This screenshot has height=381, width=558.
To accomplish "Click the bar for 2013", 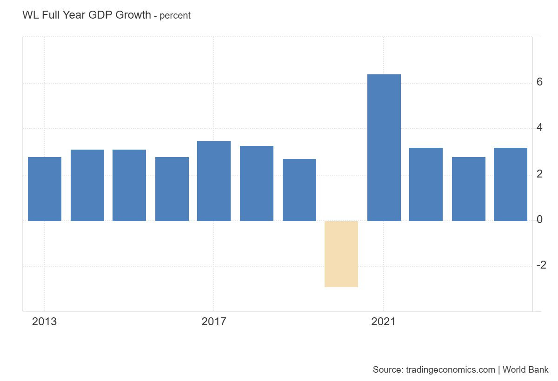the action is (x=45, y=189).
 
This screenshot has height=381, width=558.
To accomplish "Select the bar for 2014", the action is (x=87, y=185).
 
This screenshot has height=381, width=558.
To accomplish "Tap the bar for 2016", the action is (x=172, y=189).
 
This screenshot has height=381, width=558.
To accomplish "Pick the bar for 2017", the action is (x=214, y=181).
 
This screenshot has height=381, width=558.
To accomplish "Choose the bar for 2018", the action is (x=257, y=184).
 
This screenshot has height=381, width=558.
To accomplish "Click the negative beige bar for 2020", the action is (x=341, y=254).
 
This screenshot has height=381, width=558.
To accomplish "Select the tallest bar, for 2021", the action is (x=384, y=148).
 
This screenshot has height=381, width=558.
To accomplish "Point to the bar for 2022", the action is (x=426, y=184).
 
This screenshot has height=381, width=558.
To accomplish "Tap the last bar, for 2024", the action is (x=511, y=184).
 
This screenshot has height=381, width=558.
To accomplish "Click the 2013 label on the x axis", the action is (x=44, y=322).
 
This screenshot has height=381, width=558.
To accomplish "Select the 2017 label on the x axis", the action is (x=214, y=322).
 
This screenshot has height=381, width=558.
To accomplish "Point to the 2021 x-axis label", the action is (x=383, y=322).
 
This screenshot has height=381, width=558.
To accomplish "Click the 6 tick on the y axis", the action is (x=539, y=82).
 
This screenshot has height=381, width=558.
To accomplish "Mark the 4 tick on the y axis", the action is (x=539, y=127).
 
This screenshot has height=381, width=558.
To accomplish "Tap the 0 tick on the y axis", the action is (x=539, y=219).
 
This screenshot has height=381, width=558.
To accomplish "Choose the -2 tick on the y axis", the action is (x=541, y=265).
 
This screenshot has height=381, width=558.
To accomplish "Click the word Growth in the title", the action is (x=133, y=15).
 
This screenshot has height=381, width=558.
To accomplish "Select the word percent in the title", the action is (x=175, y=16).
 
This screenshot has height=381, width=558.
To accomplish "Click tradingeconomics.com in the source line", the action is (x=451, y=369).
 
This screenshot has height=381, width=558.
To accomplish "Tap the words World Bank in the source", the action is (x=525, y=369).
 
